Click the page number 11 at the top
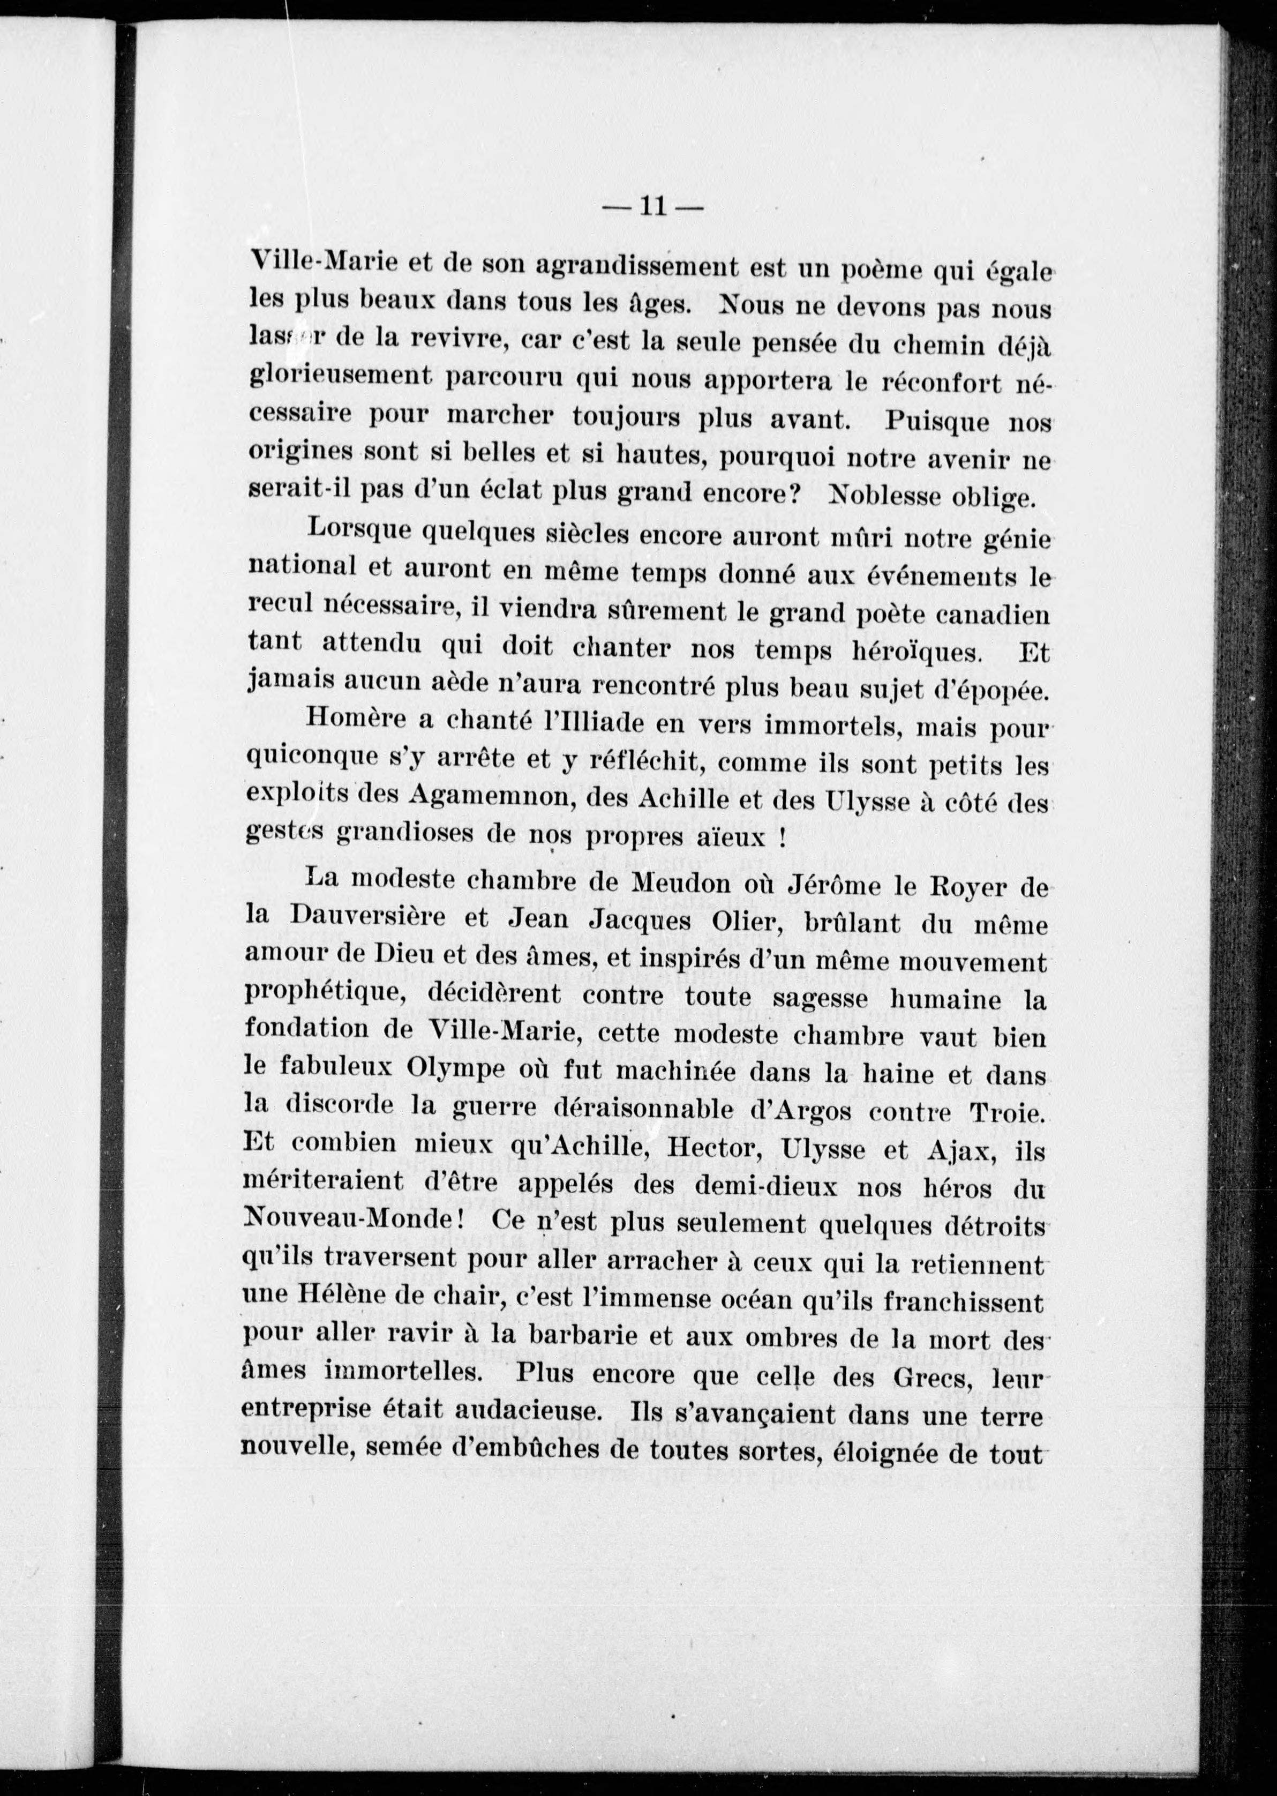(x=652, y=207)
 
